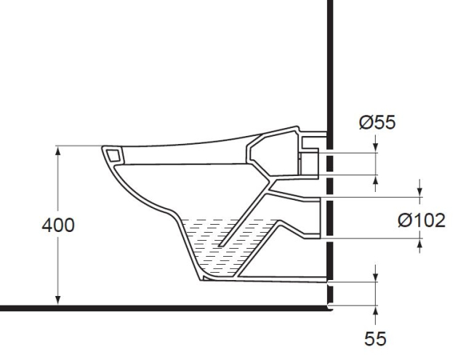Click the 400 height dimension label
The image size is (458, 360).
(57, 225)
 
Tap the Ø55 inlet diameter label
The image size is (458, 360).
(377, 122)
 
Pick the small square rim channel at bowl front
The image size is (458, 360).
(113, 154)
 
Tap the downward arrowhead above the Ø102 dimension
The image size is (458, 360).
(420, 193)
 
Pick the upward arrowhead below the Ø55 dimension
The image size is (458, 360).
(375, 180)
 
